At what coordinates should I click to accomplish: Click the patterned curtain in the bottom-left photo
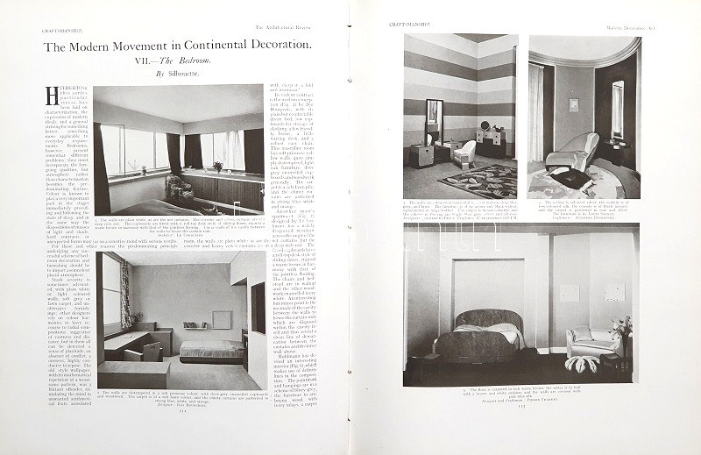click(x=125, y=293)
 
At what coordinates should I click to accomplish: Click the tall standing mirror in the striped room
click(x=434, y=121)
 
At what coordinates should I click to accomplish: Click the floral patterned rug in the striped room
click(x=478, y=181)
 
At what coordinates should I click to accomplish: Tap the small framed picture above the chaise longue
click(x=573, y=103)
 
